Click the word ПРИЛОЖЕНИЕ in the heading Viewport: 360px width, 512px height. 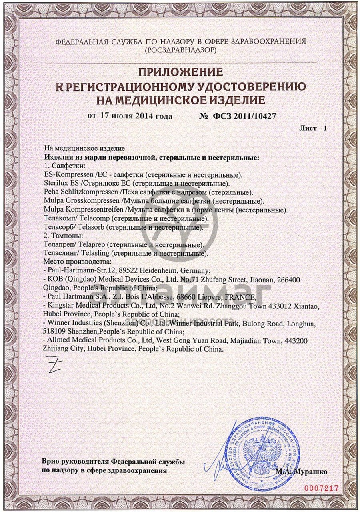point(180,72)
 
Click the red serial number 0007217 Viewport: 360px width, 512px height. point(321,488)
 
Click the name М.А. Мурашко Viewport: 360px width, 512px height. point(301,472)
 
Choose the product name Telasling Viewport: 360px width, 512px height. point(96,253)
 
